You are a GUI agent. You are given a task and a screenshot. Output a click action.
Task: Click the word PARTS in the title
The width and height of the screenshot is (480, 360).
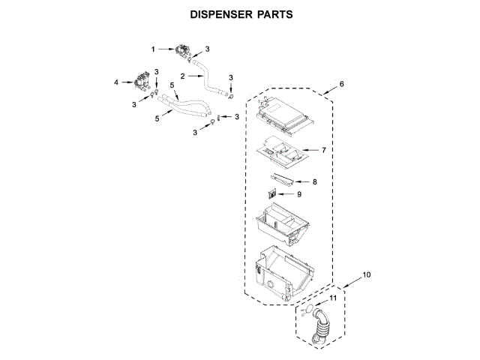(272, 15)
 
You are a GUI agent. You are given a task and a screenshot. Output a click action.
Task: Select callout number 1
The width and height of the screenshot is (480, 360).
(154, 49)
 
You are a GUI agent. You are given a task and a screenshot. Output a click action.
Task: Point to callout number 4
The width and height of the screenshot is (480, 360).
(116, 82)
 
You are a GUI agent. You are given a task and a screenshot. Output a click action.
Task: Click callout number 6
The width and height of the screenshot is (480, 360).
(341, 84)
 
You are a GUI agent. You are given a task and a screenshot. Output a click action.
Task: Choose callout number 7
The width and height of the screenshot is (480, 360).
(323, 150)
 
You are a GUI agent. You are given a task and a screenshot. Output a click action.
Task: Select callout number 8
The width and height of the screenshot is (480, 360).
(315, 181)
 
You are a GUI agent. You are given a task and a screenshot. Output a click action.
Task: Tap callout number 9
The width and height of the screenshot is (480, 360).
(298, 194)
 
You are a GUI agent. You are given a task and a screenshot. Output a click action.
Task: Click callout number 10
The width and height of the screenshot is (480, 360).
(365, 275)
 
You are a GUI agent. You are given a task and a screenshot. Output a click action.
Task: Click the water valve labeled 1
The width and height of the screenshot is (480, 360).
(181, 52)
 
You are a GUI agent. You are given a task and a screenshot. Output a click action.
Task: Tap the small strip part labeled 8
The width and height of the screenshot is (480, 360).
(281, 178)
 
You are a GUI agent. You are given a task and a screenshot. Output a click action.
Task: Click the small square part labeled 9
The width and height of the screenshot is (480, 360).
(272, 194)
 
